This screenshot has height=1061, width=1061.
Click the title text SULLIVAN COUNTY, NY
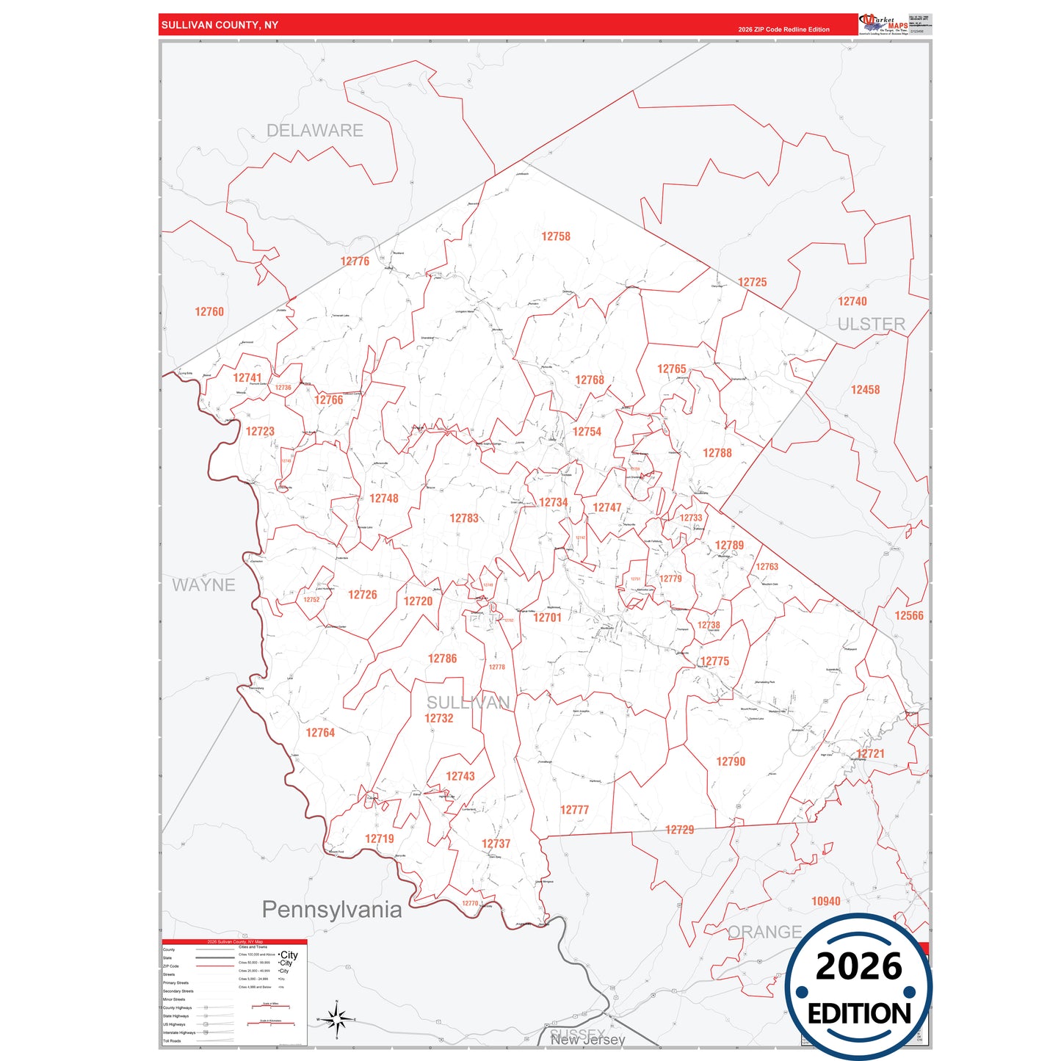coord(220,25)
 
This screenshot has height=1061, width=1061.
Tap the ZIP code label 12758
coord(556,236)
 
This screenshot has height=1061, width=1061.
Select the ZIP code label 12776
coord(355,261)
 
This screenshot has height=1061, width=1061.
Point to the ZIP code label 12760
coord(209,312)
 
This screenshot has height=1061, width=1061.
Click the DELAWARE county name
coord(314,131)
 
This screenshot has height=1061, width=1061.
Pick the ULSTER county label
coord(871,325)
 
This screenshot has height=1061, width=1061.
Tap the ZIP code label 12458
coord(865,390)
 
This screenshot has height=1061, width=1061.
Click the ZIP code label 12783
coord(464,518)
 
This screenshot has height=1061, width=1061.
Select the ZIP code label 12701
coord(547,618)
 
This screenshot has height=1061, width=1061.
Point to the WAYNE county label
coord(203,585)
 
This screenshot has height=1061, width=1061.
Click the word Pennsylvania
coord(332,910)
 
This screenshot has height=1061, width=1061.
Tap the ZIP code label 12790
coord(731,761)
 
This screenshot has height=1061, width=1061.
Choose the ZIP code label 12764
coord(320,733)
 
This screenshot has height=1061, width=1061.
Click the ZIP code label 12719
coord(380,839)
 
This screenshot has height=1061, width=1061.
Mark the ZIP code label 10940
coord(826,901)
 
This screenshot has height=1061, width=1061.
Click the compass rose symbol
coord(336,1019)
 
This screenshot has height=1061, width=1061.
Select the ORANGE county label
coord(764,932)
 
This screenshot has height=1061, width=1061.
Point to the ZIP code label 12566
coord(909,616)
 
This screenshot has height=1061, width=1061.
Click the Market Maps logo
coord(883,24)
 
